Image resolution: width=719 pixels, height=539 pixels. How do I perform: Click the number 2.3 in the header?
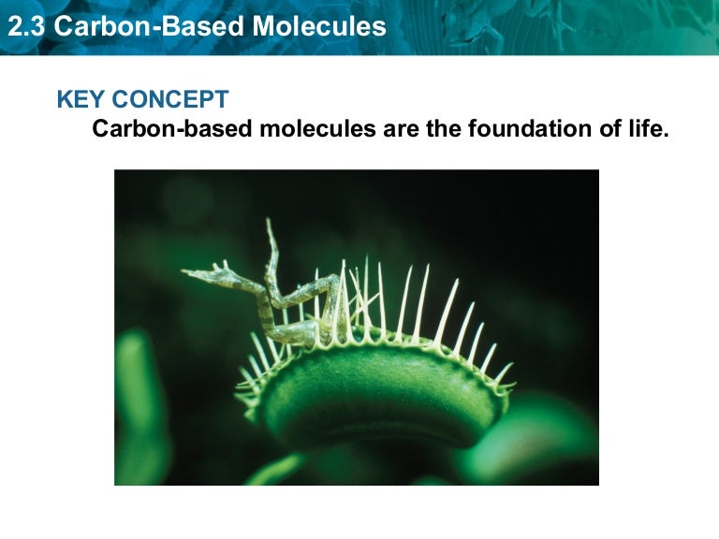pyautogui.click(x=25, y=26)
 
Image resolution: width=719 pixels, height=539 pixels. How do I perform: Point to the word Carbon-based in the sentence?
pyautogui.click(x=172, y=129)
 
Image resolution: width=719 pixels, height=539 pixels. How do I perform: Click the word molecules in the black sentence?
pyautogui.click(x=318, y=129)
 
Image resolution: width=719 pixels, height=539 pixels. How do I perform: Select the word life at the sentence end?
pyautogui.click(x=652, y=129)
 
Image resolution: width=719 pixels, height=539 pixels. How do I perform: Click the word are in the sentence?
pyautogui.click(x=403, y=129)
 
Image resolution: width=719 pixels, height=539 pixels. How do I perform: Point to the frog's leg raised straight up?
pyautogui.click(x=271, y=245)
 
